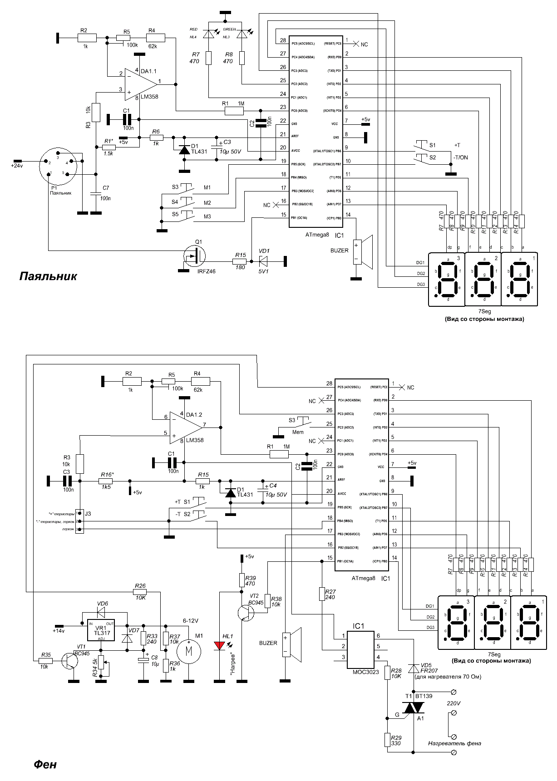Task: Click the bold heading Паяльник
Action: pos(48,276)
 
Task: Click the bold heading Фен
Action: pos(45,764)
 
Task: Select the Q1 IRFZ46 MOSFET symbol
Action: pos(194,257)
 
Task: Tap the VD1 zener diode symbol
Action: pos(264,261)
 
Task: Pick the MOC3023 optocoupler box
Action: pos(362,650)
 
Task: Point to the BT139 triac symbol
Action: pos(414,707)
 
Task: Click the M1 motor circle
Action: pos(187,652)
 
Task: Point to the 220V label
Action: pos(453,703)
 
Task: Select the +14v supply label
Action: pos(59,631)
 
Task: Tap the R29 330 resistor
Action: pos(387,740)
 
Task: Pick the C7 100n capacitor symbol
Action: pos(96,194)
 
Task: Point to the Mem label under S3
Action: pos(298,432)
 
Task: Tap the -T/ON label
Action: pos(461,157)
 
